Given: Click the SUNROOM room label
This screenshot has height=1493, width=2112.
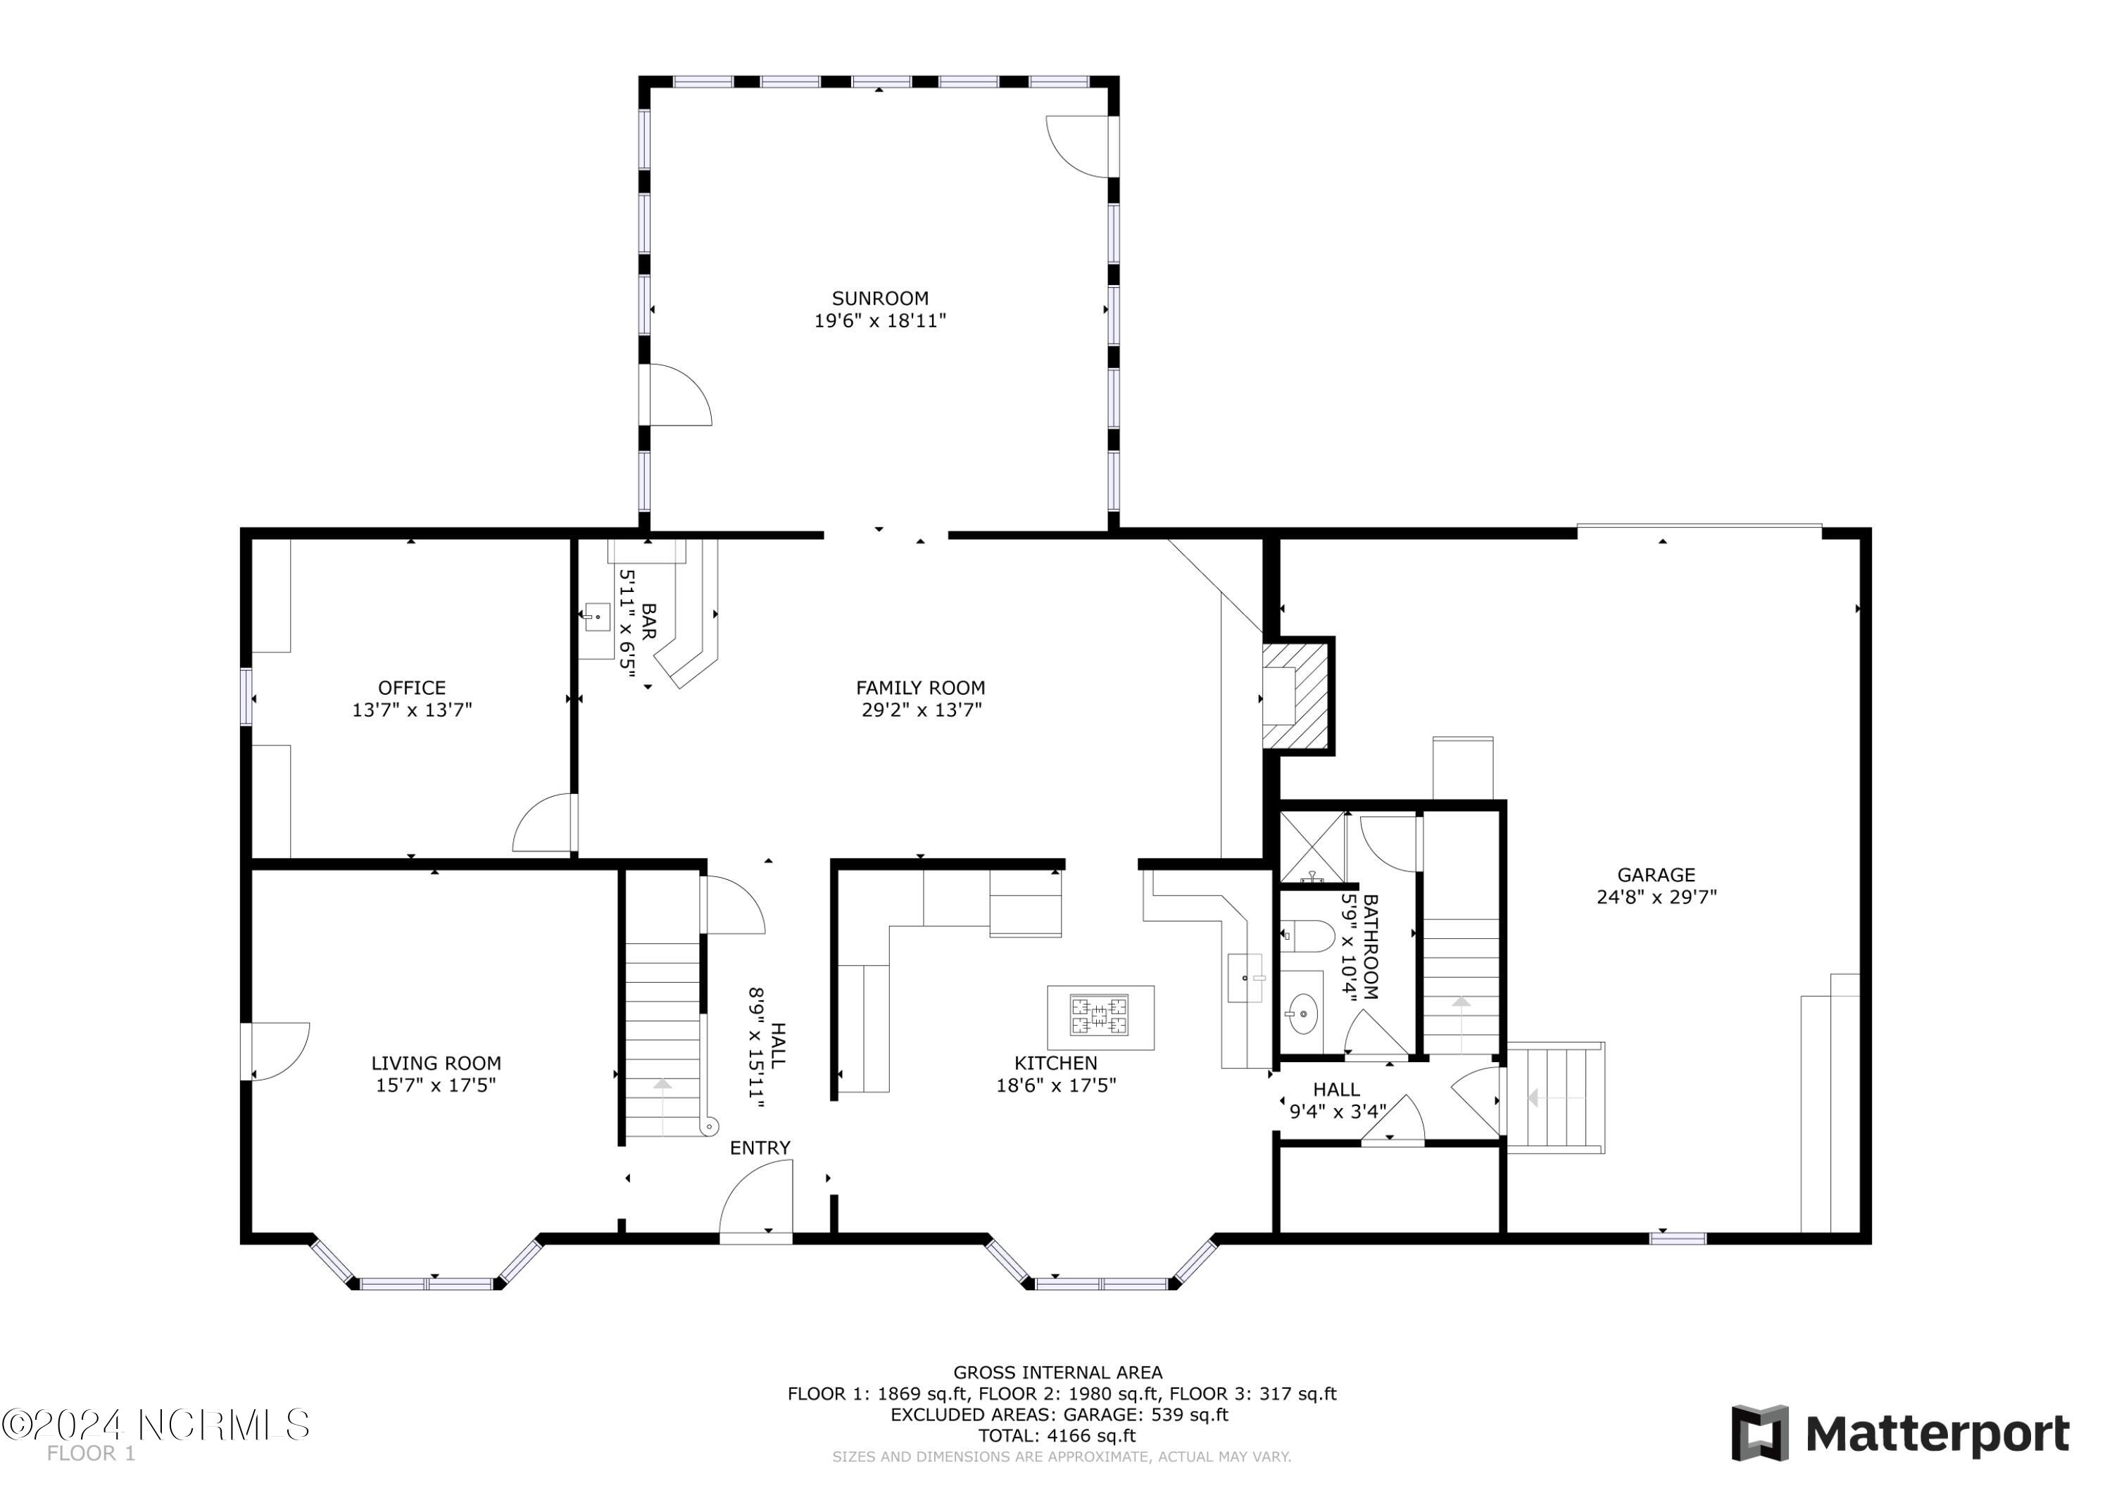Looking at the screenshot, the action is coord(880,298).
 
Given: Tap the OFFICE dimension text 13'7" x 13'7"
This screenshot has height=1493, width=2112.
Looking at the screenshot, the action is coord(412,710).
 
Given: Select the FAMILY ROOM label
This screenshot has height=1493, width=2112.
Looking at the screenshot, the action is coord(921,688).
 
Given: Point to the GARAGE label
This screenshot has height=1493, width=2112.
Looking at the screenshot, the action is coord(1657,875).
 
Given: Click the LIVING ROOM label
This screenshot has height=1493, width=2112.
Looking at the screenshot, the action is coord(436,1064).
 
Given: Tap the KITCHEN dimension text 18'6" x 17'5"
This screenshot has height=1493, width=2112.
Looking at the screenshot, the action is coord(1056,1085).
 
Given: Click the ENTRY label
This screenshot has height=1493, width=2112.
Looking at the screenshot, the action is coord(760,1148).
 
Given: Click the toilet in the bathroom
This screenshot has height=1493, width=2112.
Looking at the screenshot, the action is coord(1307,936).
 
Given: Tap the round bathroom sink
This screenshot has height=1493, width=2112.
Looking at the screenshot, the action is coord(1302,1014).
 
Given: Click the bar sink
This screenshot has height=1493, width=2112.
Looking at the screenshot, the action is coord(597,617).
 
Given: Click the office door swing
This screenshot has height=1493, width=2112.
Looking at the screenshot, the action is coord(543,824).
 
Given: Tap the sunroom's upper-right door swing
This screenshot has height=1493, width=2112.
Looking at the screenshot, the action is coord(1078,145).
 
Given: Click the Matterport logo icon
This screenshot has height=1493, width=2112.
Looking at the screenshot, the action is coord(1760,1433).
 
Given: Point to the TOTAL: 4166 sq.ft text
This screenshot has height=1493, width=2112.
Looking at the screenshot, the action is coord(1057,1436).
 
